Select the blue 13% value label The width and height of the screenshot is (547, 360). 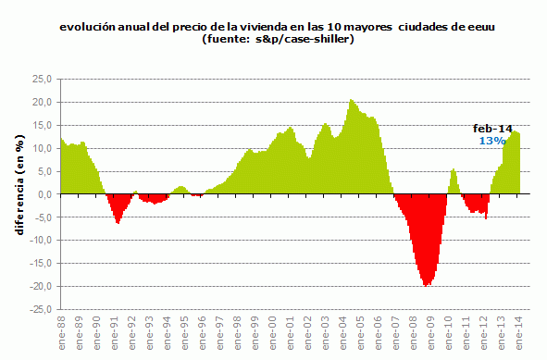click(x=491, y=141)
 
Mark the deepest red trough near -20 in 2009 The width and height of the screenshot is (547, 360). click(x=427, y=285)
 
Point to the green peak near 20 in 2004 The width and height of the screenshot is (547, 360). click(x=352, y=101)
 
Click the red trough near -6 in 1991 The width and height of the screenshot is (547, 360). click(x=118, y=222)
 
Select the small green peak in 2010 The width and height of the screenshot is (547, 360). click(x=454, y=170)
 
